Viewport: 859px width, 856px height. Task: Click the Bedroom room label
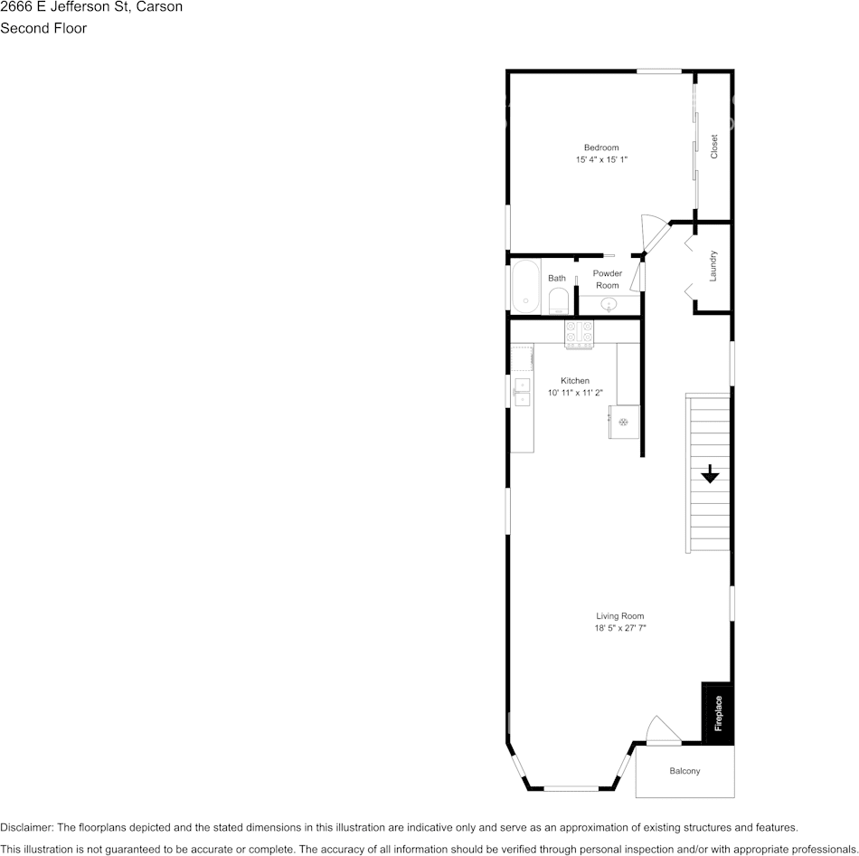[x=601, y=147]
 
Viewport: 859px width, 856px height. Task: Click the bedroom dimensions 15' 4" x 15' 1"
[x=601, y=159]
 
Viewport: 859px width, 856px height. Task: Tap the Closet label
[x=714, y=147]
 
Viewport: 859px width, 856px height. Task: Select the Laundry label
[x=713, y=265]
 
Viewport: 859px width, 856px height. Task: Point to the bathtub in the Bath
[x=525, y=287]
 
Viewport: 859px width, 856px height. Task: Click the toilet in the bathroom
[x=558, y=300]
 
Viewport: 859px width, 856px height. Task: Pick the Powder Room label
[x=608, y=279]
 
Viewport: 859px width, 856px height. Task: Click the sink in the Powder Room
[x=609, y=304]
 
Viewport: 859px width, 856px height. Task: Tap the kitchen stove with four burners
[x=579, y=333]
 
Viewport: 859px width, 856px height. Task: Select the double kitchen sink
[x=522, y=391]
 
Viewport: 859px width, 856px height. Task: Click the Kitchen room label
[x=575, y=381]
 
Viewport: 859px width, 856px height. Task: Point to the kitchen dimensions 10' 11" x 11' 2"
[x=575, y=393]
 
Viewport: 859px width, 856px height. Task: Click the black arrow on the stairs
[x=710, y=473]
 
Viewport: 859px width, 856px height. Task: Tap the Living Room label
[x=620, y=616]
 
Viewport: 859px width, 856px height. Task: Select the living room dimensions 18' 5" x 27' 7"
[x=620, y=628]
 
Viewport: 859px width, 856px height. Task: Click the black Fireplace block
[x=718, y=713]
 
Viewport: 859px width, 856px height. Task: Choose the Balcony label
[x=684, y=771]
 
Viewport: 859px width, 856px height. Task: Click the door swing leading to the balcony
[x=659, y=730]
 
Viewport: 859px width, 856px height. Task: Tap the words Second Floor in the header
[x=43, y=28]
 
